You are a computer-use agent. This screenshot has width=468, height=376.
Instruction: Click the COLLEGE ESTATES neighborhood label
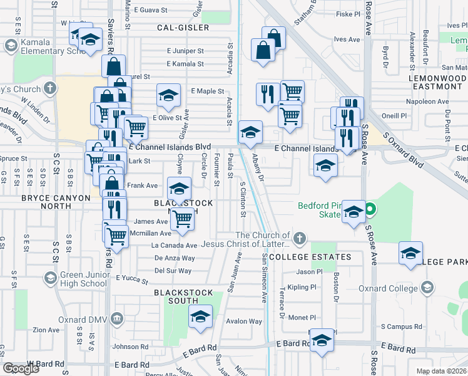310,257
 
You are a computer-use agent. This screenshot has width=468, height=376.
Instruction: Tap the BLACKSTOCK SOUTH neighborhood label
183,293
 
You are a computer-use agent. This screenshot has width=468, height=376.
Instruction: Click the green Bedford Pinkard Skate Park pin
370,209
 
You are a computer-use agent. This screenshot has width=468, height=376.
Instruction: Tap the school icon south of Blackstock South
200,317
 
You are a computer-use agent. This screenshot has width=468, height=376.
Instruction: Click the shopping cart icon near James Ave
182,219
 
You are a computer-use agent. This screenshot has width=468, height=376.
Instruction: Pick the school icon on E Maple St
168,96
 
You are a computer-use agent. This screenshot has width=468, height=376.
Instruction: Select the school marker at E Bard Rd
322,341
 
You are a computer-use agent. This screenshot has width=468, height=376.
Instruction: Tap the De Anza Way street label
175,258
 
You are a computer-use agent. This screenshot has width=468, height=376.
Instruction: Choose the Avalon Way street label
244,321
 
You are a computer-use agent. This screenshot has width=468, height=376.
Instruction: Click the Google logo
21,368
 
